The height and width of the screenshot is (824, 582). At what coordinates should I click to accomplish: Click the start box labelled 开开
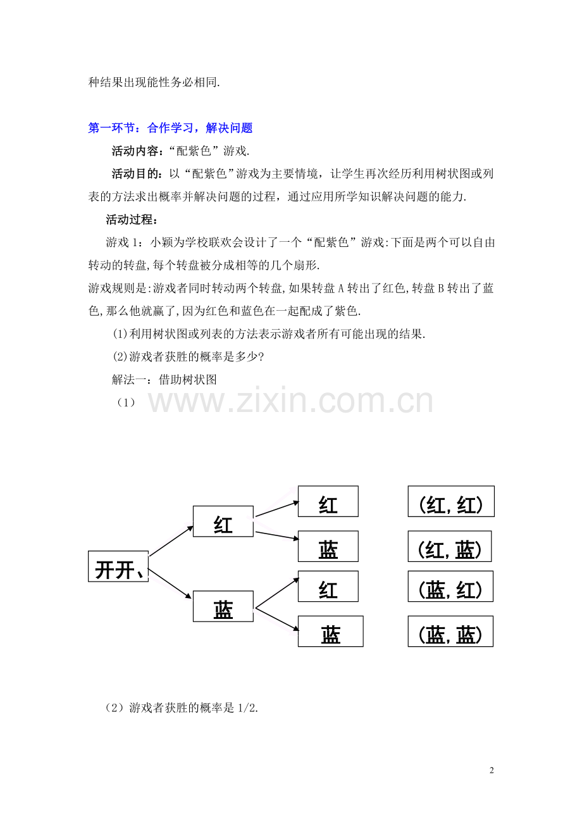[118, 566]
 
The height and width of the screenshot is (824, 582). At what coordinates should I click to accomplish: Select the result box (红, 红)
[451, 501]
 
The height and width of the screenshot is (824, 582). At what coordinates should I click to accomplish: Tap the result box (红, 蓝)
[449, 546]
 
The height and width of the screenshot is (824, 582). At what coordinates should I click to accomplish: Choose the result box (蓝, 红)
[450, 587]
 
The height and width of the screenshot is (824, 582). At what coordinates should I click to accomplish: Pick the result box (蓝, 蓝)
[450, 631]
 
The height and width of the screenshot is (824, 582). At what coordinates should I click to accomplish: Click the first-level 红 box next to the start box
[223, 521]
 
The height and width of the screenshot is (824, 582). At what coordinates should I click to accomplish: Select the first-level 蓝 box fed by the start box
[223, 606]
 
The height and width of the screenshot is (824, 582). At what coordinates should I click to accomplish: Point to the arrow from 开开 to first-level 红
[171, 540]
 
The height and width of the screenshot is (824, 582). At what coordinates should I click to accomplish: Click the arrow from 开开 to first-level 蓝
[170, 584]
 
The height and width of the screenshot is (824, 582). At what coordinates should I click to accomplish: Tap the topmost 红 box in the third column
[328, 501]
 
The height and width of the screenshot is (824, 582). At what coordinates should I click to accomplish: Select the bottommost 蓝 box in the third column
[330, 631]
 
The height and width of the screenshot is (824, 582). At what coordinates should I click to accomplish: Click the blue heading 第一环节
[111, 128]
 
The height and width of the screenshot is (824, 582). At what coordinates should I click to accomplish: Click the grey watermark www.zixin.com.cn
[290, 400]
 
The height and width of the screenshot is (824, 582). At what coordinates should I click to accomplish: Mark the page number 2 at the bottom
[492, 770]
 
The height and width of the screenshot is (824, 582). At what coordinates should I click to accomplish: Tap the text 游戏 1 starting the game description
[121, 242]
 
